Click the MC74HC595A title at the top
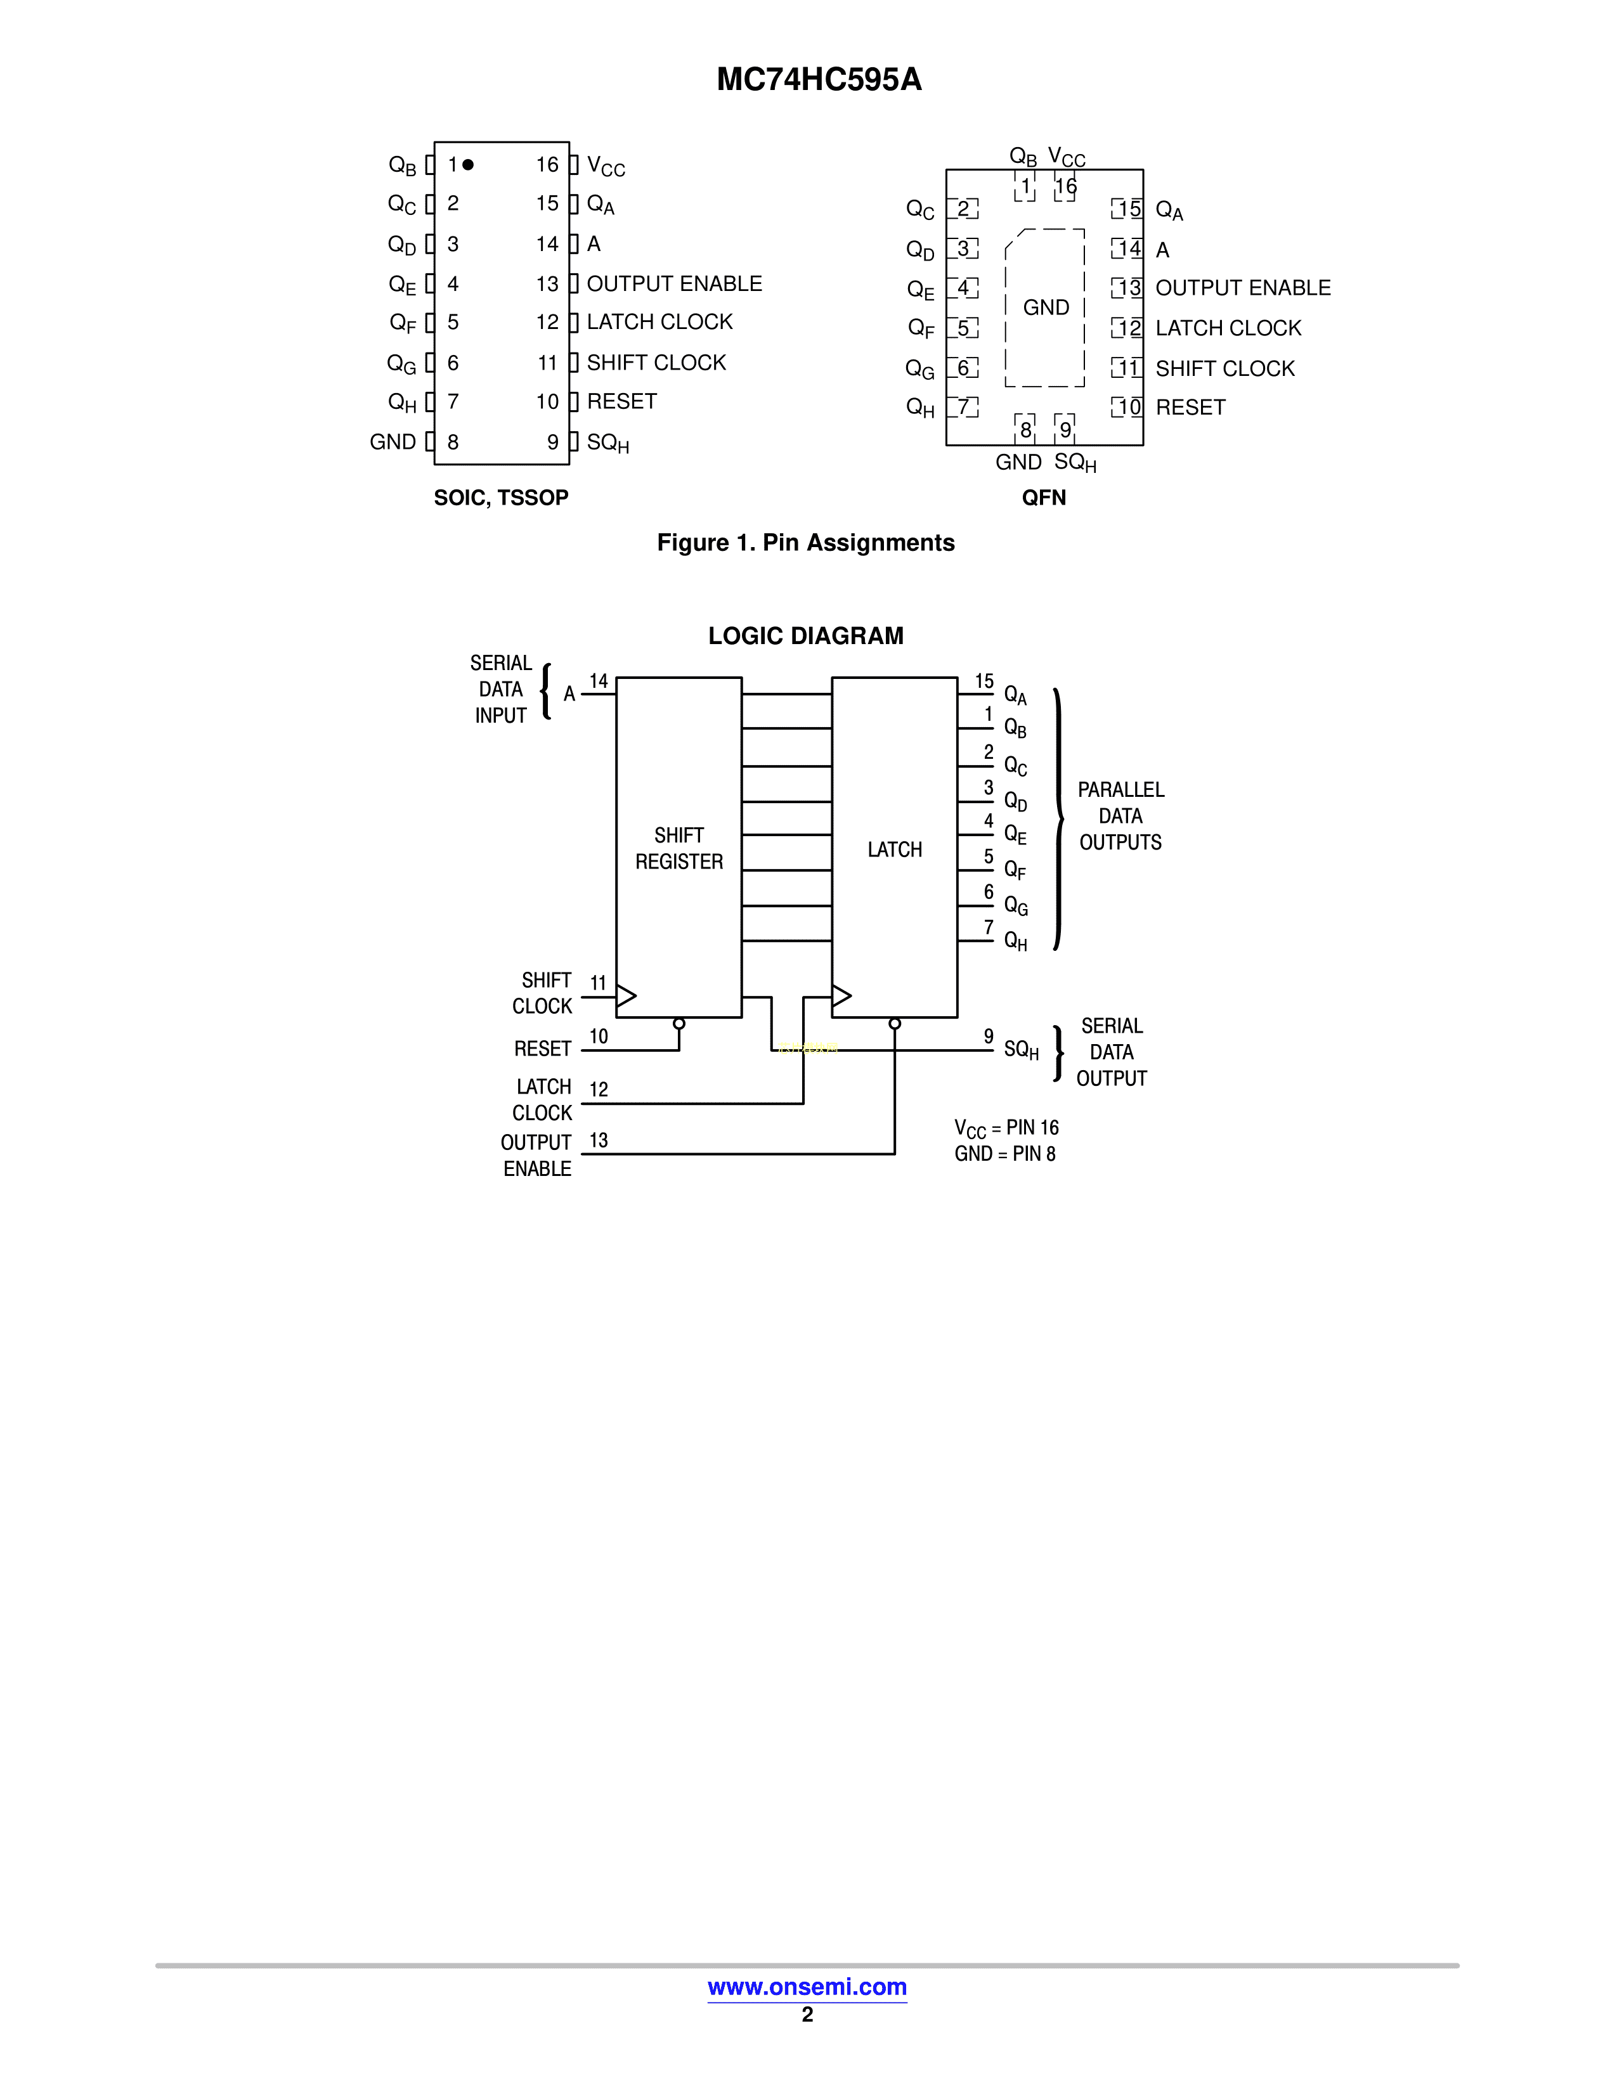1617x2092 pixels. point(819,79)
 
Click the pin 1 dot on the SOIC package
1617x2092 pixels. point(467,165)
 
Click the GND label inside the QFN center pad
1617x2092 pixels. point(1045,307)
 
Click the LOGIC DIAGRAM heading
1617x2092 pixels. point(805,636)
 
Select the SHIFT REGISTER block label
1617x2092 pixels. point(679,849)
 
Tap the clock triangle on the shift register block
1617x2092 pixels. point(625,996)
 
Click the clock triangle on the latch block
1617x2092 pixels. point(841,996)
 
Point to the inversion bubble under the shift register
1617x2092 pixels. point(679,1023)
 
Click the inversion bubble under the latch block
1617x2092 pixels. point(895,1023)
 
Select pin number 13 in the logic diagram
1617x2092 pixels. point(599,1140)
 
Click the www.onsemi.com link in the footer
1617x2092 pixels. point(807,1987)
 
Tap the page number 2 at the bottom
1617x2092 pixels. point(807,2015)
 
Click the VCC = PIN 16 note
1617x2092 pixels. point(1006,1128)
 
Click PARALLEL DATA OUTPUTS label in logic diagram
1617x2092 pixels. point(1120,816)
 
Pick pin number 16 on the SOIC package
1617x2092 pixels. point(547,165)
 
